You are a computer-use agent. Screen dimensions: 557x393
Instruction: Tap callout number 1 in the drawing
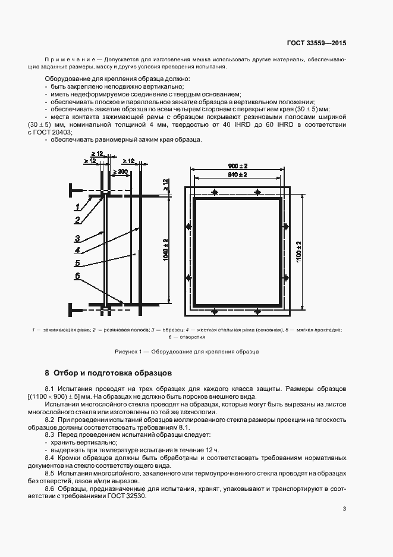[77, 207]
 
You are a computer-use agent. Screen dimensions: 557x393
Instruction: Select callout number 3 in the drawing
[77, 238]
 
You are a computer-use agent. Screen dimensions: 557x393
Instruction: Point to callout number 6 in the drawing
[77, 276]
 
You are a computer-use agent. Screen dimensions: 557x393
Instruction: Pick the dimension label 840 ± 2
[238, 174]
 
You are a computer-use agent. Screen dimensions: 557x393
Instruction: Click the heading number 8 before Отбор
[47, 374]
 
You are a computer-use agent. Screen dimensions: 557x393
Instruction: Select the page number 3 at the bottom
[345, 508]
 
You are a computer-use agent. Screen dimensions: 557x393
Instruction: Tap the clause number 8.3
[50, 435]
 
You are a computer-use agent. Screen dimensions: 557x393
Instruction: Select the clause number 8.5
[50, 472]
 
